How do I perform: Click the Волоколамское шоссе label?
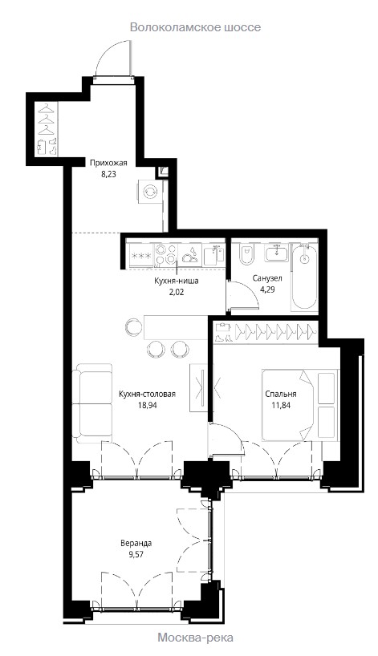(x=195, y=27)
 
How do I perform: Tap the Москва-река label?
(x=195, y=638)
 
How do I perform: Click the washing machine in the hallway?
(x=150, y=192)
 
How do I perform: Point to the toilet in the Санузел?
(x=246, y=255)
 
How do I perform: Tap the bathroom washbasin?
(x=275, y=253)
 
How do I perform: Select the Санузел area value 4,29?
(x=267, y=289)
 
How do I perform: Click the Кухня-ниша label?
(x=177, y=281)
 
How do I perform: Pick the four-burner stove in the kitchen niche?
(x=166, y=255)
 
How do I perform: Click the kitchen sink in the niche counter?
(x=214, y=255)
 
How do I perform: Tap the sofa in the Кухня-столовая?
(x=92, y=403)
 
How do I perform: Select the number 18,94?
(x=147, y=405)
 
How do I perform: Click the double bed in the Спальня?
(x=299, y=404)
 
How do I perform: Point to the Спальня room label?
(x=281, y=394)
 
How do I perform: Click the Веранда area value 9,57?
(x=136, y=554)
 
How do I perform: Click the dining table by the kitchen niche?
(x=177, y=327)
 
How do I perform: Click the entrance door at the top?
(x=113, y=58)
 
